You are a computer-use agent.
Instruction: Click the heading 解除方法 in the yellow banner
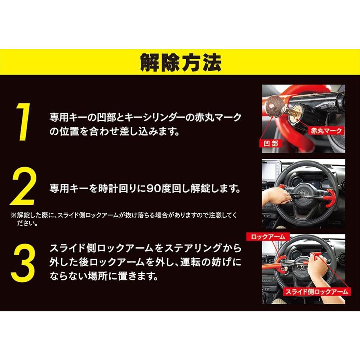pos(180,62)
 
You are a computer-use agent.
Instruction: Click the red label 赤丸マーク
pos(326,130)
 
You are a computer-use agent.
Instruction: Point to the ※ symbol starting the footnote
pos(12,216)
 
